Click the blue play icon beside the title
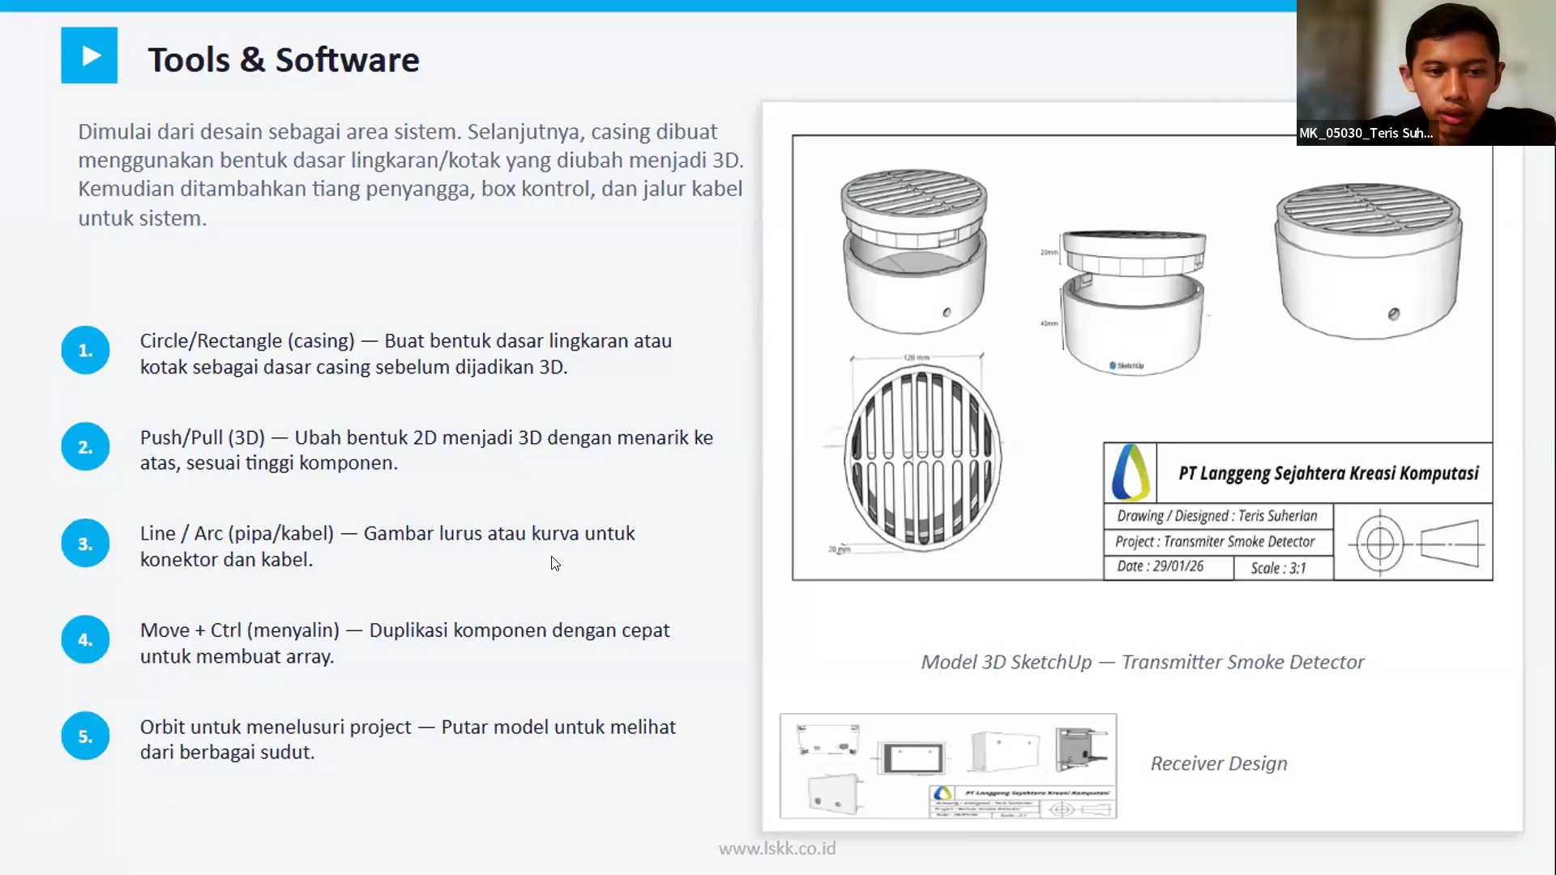[89, 56]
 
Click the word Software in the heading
[347, 60]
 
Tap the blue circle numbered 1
[85, 351]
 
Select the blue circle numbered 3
[85, 544]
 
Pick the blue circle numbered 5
[85, 736]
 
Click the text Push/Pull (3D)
[202, 437]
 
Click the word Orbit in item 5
[163, 727]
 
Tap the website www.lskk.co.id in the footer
[776, 848]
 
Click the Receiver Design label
[1218, 763]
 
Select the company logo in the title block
[1130, 472]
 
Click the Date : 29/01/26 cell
[1160, 566]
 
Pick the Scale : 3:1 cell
[1278, 568]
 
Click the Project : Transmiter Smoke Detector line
[1214, 541]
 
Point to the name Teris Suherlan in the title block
[1277, 516]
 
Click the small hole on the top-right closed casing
[1393, 314]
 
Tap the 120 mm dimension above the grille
[916, 357]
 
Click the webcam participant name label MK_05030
[1366, 133]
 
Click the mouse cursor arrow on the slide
[554, 563]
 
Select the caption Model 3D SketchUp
[1006, 662]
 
